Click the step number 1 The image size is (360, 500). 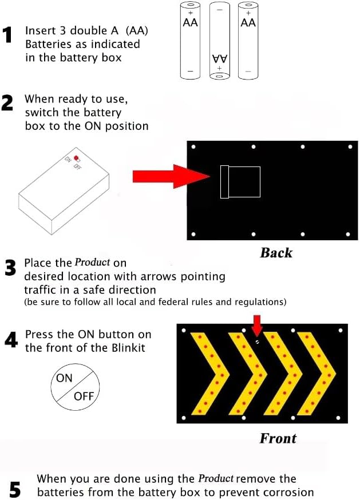(7, 35)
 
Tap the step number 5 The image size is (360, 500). (15, 489)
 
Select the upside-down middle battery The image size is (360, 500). (220, 41)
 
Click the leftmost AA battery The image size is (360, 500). (190, 40)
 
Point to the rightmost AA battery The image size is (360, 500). (248, 40)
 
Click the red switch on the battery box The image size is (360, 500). (76, 158)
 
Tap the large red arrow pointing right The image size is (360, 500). (171, 176)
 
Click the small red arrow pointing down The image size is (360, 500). (257, 326)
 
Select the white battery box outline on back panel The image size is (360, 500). (240, 182)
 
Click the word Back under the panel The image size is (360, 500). (276, 253)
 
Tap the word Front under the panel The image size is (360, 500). (278, 438)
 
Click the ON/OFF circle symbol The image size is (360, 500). (75, 387)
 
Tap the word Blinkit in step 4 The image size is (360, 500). (128, 348)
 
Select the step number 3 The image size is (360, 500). (10, 268)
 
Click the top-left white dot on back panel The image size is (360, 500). (193, 146)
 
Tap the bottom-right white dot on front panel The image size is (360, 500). (338, 418)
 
